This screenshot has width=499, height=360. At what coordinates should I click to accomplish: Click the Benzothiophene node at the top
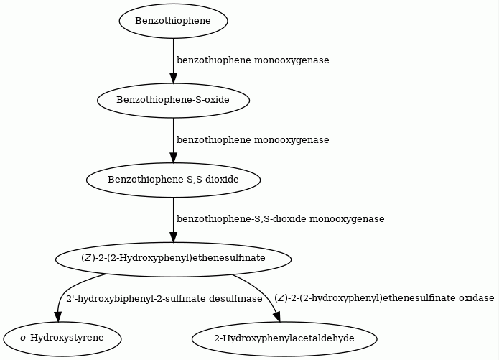[x=174, y=21]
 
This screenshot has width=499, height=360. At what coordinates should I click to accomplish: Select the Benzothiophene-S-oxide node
[x=174, y=101]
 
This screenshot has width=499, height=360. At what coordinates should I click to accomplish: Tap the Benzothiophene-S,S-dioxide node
[x=174, y=180]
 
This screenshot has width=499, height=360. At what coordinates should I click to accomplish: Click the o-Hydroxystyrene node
[x=62, y=338]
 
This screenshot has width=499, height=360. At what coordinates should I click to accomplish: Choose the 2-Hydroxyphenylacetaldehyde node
[x=284, y=338]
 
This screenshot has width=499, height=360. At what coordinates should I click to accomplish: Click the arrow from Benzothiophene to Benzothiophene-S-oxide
[x=174, y=61]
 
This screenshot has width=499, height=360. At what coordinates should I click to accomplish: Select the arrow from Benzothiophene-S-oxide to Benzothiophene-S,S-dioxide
[x=174, y=141]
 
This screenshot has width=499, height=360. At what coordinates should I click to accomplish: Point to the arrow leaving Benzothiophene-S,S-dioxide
[x=174, y=220]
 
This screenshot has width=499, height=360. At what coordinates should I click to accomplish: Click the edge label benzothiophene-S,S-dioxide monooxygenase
[x=280, y=219]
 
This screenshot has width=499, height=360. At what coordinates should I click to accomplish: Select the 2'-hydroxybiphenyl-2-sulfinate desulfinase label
[x=164, y=299]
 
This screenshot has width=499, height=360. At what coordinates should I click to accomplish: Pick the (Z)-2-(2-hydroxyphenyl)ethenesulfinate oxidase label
[x=384, y=298]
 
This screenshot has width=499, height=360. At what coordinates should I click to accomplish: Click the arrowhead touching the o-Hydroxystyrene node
[x=57, y=316]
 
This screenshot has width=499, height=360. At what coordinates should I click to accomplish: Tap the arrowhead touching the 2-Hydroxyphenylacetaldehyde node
[x=277, y=316]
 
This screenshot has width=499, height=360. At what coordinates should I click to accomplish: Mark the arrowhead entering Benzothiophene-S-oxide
[x=174, y=78]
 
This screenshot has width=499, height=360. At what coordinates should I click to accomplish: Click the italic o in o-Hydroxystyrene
[x=22, y=338]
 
